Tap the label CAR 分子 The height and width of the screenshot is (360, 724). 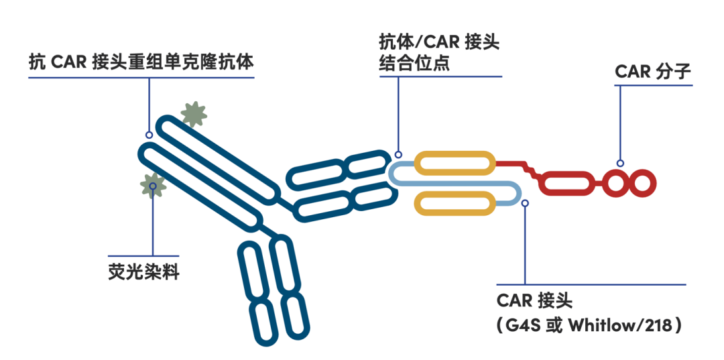(652, 71)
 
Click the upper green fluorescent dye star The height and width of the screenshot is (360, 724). (194, 115)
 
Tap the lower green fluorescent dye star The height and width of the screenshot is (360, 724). (153, 184)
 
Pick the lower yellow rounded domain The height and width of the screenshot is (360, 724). (455, 203)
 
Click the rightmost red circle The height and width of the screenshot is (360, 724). (640, 182)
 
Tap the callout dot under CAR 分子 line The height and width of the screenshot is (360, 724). (620, 163)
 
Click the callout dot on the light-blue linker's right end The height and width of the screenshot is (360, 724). (525, 202)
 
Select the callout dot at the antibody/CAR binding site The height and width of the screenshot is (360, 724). (399, 153)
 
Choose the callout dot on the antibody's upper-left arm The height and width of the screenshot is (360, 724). (149, 135)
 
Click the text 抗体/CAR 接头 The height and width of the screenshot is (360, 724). (439, 43)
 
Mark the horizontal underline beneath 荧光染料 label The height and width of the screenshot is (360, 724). (143, 255)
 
